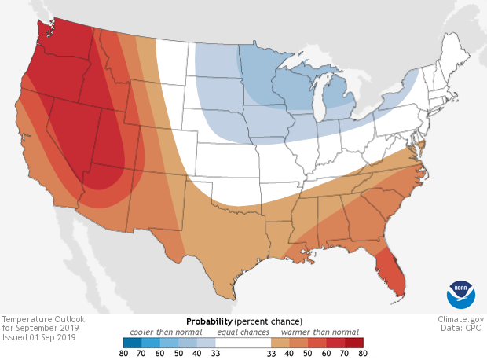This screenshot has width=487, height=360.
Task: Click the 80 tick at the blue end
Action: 123,354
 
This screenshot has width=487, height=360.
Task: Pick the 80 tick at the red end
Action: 361,354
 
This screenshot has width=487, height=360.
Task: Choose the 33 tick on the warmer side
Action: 271,354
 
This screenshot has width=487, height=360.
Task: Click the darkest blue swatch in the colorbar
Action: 132,343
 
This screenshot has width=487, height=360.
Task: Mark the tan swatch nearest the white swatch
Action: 278,343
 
